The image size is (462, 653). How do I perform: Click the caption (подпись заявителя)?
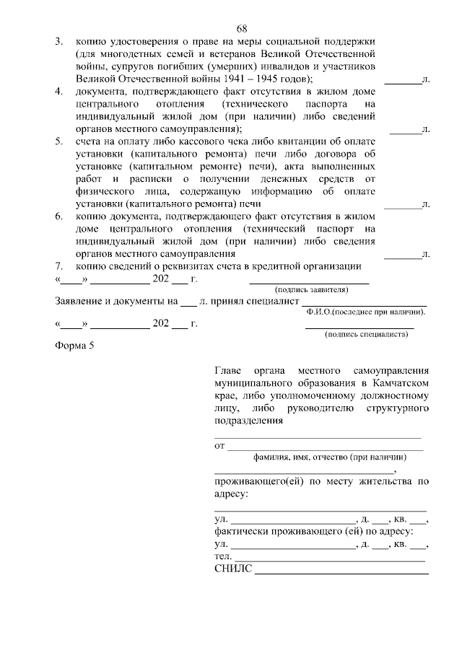[x=309, y=289]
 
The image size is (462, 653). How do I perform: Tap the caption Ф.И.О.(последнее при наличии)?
[x=365, y=311]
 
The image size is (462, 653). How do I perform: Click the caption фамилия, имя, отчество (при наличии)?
[x=329, y=457]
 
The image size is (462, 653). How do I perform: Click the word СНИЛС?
[x=234, y=569]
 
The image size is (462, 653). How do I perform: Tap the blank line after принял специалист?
[x=364, y=301]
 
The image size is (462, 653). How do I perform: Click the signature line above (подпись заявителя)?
[x=309, y=281]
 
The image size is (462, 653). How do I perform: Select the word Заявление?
[x=80, y=301]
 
